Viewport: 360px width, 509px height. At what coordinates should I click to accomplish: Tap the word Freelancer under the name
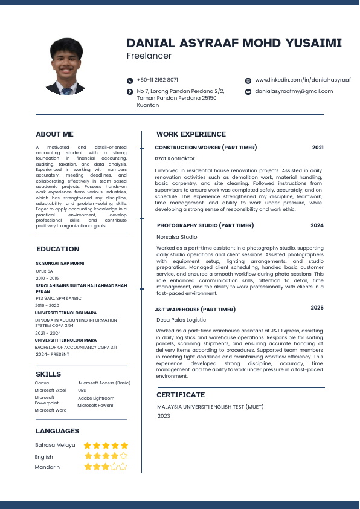[149, 56]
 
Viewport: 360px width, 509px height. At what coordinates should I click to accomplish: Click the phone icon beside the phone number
[130, 80]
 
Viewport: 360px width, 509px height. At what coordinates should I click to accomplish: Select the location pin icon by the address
[130, 92]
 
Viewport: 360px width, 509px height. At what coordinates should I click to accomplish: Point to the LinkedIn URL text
[303, 80]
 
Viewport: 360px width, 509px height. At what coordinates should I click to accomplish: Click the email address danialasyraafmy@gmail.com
[294, 91]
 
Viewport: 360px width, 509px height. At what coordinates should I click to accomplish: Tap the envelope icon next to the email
[248, 92]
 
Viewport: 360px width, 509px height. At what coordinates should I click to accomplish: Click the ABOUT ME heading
[54, 134]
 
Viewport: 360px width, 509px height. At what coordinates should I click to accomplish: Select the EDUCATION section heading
[57, 249]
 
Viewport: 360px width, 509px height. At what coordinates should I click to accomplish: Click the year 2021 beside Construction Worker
[318, 148]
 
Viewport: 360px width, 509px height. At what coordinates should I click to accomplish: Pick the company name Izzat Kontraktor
[175, 158]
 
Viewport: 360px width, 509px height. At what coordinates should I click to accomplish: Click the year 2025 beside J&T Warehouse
[317, 308]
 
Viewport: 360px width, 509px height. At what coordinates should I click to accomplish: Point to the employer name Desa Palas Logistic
[181, 320]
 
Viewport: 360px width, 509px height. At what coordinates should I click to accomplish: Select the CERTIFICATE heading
[181, 395]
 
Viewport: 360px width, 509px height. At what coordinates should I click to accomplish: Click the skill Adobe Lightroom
[96, 398]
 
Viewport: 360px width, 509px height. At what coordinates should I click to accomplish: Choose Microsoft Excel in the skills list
[50, 391]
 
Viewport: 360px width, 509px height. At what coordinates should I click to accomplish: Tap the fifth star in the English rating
[124, 456]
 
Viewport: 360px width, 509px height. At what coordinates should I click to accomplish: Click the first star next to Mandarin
[88, 467]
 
